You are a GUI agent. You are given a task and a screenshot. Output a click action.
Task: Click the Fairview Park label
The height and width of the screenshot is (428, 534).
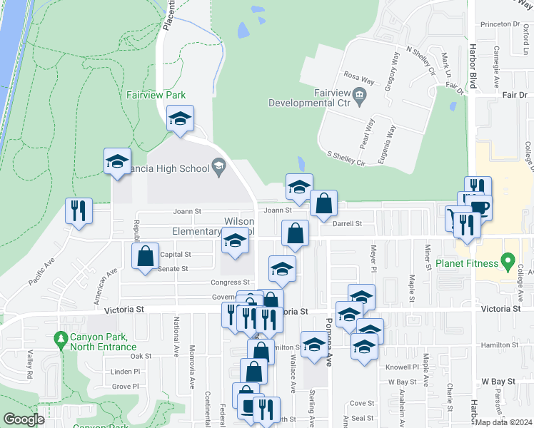tap(156, 95)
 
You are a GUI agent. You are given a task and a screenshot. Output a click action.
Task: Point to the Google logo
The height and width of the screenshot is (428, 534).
tap(24, 419)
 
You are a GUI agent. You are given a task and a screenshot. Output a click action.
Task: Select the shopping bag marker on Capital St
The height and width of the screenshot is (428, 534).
tap(145, 256)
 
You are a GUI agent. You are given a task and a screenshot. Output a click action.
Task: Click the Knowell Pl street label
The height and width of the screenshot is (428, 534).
tap(403, 367)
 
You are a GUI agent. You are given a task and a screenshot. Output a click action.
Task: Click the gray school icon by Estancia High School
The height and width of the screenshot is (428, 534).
tap(219, 168)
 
